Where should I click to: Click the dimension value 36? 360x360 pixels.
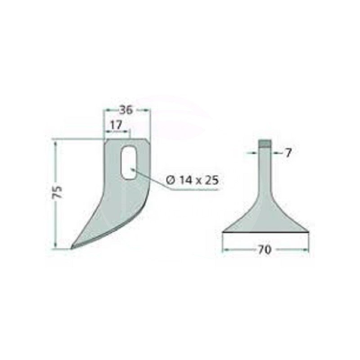click(126, 110)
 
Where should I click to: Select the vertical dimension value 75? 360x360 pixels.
click(58, 192)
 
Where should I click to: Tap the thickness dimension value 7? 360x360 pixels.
click(288, 153)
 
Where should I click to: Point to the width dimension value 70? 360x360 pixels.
click(264, 250)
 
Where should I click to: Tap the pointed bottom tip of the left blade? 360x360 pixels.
click(72, 248)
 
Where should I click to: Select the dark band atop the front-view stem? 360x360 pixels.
click(265, 143)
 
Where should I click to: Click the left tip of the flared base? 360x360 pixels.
click(223, 232)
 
